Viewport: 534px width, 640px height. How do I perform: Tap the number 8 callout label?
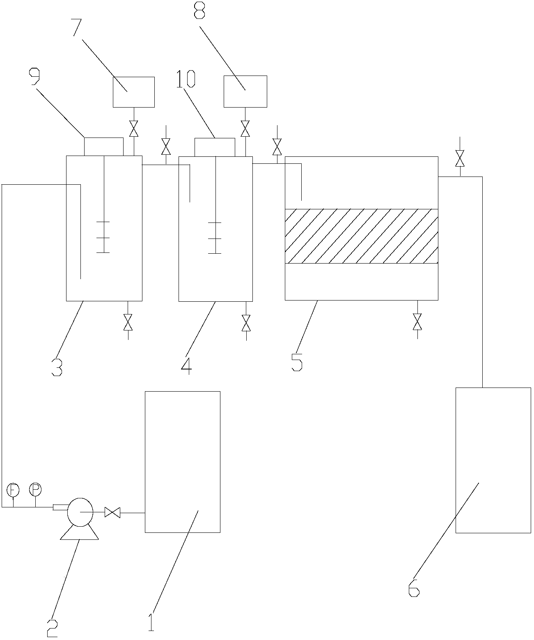pyautogui.click(x=199, y=11)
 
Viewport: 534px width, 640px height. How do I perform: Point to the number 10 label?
pyautogui.click(x=186, y=79)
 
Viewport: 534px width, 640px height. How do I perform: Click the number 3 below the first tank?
pyautogui.click(x=57, y=367)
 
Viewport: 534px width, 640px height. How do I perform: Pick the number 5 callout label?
pyautogui.click(x=297, y=362)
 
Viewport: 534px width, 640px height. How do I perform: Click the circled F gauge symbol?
pyautogui.click(x=13, y=489)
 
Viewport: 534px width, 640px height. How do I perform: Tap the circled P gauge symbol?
pyautogui.click(x=35, y=489)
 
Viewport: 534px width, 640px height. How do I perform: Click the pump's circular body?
pyautogui.click(x=80, y=512)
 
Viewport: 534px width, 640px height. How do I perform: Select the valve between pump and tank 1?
pyautogui.click(x=112, y=512)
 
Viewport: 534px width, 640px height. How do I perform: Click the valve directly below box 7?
pyautogui.click(x=133, y=128)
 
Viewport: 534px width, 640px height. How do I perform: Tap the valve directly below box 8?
pyautogui.click(x=245, y=128)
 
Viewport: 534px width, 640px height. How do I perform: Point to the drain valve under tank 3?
pyautogui.click(x=128, y=322)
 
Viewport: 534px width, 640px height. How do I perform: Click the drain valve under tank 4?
pyautogui.click(x=246, y=323)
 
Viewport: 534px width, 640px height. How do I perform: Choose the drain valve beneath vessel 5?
pyautogui.click(x=417, y=321)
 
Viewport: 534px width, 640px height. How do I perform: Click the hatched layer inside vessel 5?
pyautogui.click(x=361, y=236)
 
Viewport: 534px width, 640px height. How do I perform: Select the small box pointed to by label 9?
pyautogui.click(x=103, y=147)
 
